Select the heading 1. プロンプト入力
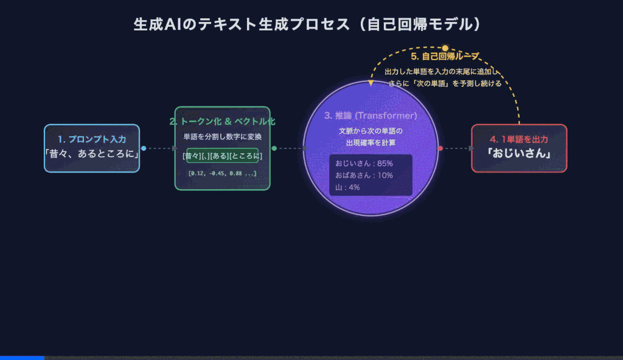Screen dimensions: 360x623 [92, 139]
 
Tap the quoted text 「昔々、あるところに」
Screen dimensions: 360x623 [92, 154]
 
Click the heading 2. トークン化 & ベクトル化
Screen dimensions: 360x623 [222, 121]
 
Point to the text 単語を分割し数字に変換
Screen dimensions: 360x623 [222, 137]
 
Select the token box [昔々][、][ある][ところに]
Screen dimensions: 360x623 [222, 156]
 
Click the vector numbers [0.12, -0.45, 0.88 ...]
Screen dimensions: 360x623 [222, 173]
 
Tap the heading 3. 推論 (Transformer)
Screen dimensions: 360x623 [371, 116]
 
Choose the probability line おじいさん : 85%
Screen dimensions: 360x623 [364, 164]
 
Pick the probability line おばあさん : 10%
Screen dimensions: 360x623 [364, 175]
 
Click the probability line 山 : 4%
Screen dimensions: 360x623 [347, 187]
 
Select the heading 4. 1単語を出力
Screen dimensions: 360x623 [519, 139]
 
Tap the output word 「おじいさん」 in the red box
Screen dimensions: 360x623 [519, 154]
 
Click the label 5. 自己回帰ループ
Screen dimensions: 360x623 [445, 57]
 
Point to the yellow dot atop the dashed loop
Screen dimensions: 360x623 [445, 47]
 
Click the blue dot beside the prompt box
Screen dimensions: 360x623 [144, 148]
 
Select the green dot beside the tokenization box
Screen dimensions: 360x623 [274, 148]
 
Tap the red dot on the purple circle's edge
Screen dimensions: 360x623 [440, 148]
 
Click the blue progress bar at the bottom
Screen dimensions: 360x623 [22, 358]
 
